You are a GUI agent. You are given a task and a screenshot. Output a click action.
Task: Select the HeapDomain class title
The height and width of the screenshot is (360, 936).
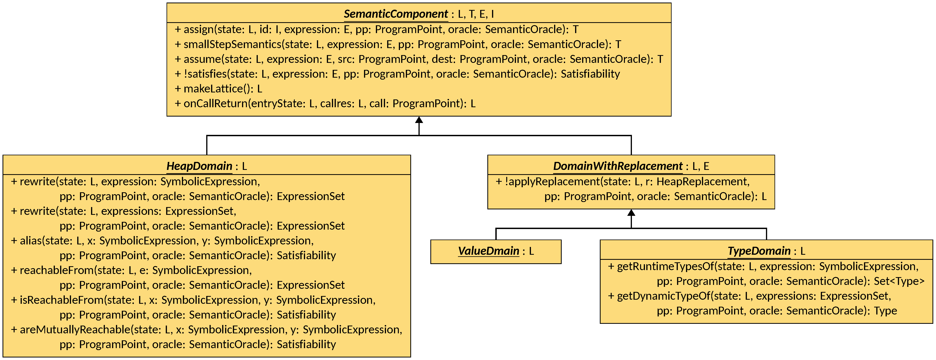(199, 166)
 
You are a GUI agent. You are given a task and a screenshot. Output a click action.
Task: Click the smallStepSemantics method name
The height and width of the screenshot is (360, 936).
(232, 44)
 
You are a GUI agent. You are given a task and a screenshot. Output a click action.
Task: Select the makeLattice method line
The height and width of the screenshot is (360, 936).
(218, 89)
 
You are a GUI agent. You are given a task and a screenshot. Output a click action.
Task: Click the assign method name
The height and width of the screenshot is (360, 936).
(199, 29)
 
